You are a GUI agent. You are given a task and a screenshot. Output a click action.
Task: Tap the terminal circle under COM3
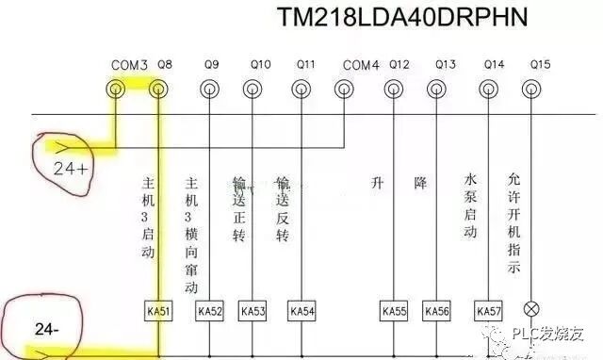(x=115, y=90)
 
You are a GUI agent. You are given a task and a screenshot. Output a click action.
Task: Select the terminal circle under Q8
(x=158, y=90)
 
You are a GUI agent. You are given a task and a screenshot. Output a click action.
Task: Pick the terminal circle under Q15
(x=538, y=90)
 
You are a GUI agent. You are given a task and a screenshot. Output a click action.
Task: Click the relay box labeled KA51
(x=158, y=310)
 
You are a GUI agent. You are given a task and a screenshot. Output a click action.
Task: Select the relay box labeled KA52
(x=209, y=310)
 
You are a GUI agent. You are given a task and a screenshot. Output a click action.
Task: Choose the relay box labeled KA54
(x=301, y=310)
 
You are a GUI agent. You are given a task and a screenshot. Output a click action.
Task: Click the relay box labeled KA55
(x=393, y=310)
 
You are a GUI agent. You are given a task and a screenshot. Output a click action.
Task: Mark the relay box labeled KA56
(x=436, y=310)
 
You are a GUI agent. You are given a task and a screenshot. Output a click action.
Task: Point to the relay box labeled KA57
(x=488, y=310)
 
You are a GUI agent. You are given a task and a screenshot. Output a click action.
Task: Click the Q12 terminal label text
(x=399, y=65)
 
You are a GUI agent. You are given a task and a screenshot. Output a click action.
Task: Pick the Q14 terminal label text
(x=493, y=65)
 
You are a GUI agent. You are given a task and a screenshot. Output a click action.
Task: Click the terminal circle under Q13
(x=436, y=90)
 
